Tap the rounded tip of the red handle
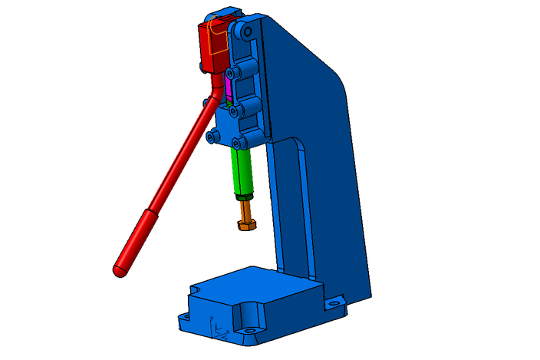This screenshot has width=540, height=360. [x=119, y=270]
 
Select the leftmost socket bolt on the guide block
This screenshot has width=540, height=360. [x=210, y=137]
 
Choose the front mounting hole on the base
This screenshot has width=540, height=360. [x=250, y=332]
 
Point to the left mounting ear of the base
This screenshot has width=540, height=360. [x=184, y=315]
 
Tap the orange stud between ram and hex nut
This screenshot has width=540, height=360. [x=245, y=209]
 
